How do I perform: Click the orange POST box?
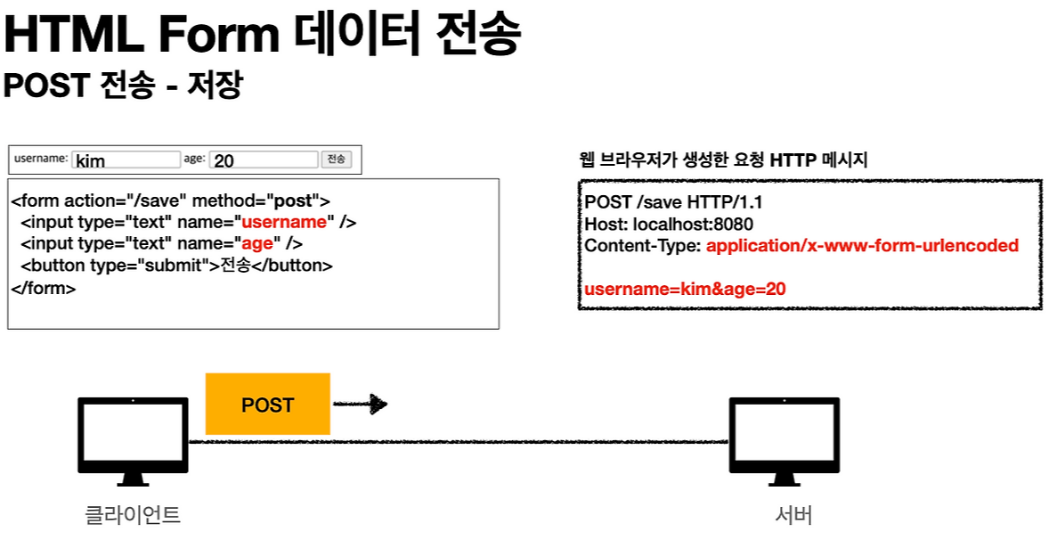point(267,404)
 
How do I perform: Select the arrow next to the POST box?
point(361,405)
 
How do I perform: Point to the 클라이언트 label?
point(133,515)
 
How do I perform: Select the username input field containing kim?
point(126,160)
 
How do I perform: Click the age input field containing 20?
point(264,160)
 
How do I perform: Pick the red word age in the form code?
point(256,244)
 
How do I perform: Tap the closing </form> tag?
point(43,289)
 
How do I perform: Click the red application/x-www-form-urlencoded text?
point(862,245)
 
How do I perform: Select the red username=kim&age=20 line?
point(685,289)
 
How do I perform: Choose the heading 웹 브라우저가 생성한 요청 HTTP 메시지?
point(723,160)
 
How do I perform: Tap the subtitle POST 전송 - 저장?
point(123,86)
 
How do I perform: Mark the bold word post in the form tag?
point(292,201)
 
